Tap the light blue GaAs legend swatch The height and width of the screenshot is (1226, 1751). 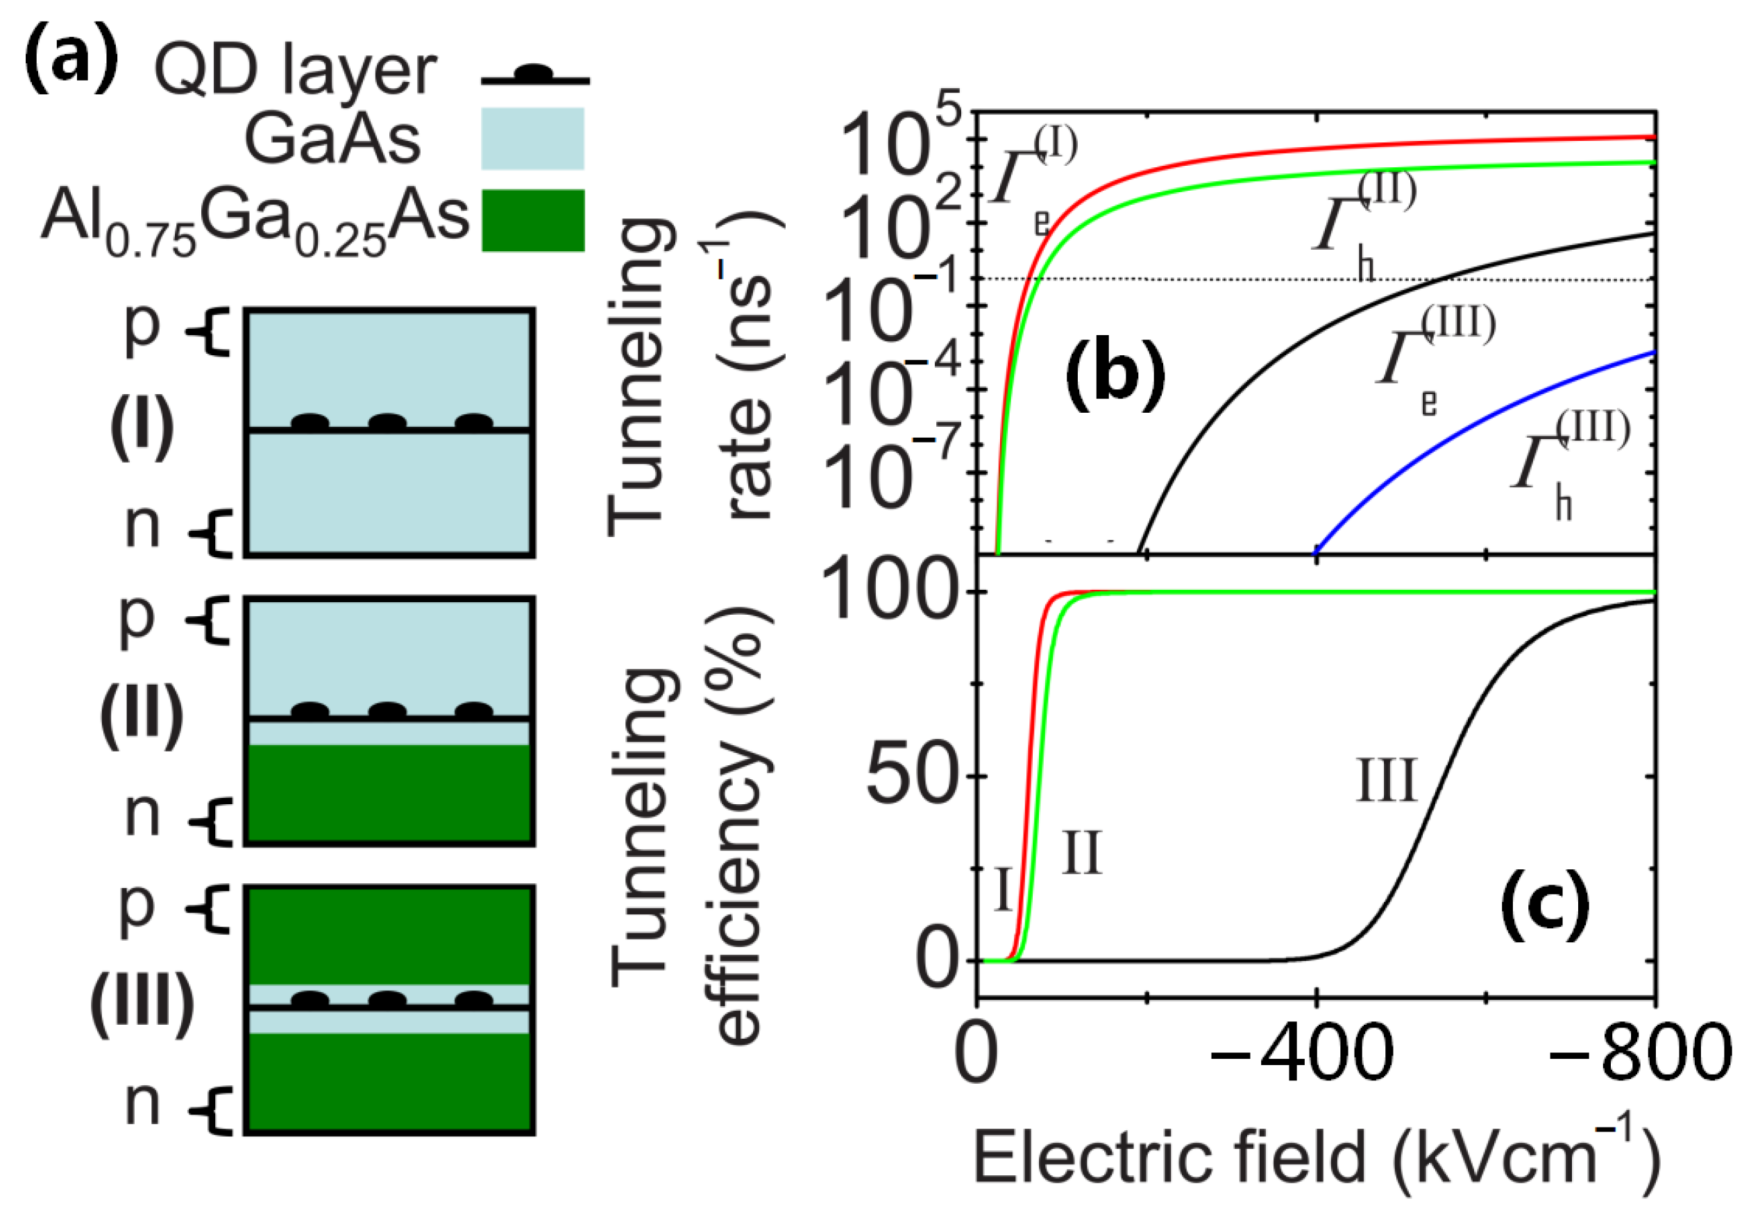click(532, 138)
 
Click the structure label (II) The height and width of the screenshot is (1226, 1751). click(142, 715)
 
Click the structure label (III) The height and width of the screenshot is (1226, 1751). click(142, 1005)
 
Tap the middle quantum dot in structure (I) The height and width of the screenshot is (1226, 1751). click(387, 422)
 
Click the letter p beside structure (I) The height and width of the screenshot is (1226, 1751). click(142, 328)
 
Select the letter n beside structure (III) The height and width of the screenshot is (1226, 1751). click(142, 1103)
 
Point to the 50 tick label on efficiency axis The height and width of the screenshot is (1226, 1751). click(911, 777)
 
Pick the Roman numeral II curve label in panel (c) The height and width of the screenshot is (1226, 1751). click(1081, 853)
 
